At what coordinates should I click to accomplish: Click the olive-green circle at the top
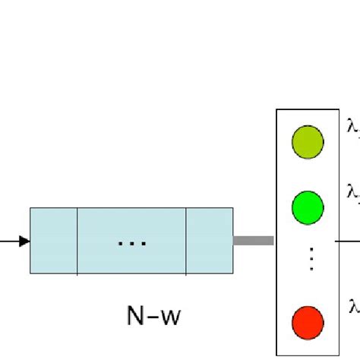pos(308,142)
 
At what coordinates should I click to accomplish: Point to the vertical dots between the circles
pos(308,259)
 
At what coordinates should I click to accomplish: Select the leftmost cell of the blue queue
pos(54,229)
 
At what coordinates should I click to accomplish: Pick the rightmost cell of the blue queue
pos(210,229)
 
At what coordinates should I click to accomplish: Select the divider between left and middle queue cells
pos(77,229)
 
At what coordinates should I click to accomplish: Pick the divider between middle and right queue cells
pos(186,229)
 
